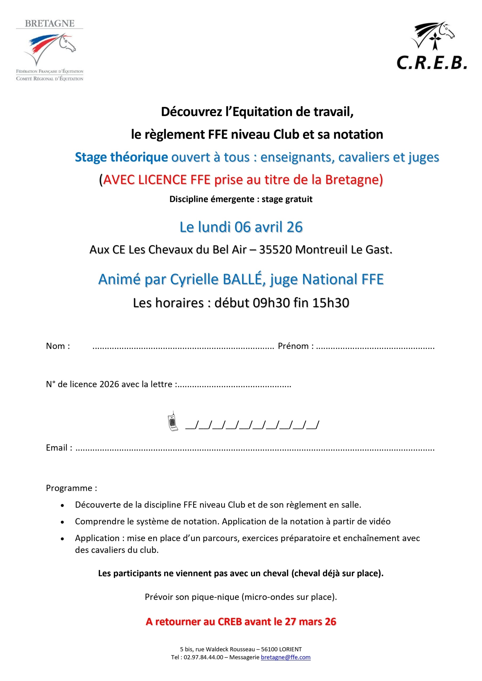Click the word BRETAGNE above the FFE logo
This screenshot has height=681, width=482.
(x=50, y=23)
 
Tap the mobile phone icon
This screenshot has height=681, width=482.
(x=173, y=421)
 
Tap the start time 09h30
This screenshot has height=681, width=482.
(x=271, y=303)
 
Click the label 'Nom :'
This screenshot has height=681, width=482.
(x=58, y=346)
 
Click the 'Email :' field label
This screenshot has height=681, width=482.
(x=59, y=448)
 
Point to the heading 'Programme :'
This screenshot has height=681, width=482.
(x=71, y=488)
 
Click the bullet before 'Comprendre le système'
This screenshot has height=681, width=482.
(x=62, y=522)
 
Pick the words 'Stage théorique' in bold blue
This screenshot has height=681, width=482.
(x=121, y=157)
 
